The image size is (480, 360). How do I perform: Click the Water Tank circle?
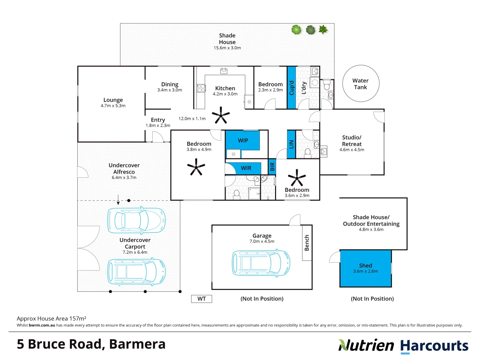pos(361,84)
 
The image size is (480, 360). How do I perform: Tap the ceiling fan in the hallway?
pos(221,115)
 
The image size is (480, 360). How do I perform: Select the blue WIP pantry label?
pos(243,141)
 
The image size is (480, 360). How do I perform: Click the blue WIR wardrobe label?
pos(246,168)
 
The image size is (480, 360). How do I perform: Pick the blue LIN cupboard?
pos(291,144)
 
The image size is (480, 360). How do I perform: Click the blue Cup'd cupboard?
pos(291,88)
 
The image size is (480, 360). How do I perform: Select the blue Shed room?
pos(365,268)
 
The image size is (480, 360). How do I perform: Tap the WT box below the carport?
pos(201,299)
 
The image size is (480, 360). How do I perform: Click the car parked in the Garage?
pos(261,263)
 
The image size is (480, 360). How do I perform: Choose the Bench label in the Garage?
pos(307,243)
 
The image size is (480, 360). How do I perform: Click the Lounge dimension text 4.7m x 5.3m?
pos(113,106)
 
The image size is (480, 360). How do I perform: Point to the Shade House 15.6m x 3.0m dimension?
pos(227,48)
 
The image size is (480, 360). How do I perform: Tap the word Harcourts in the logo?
pos(434,346)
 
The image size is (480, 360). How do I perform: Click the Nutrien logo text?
pos(366,346)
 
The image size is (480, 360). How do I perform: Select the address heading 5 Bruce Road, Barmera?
pos(91,344)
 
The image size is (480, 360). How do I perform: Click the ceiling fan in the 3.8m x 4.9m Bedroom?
pos(196,167)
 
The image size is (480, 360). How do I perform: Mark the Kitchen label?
pos(225,88)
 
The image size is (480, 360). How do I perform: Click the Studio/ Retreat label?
pos(352,141)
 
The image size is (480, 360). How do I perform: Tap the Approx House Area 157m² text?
pos(51,318)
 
